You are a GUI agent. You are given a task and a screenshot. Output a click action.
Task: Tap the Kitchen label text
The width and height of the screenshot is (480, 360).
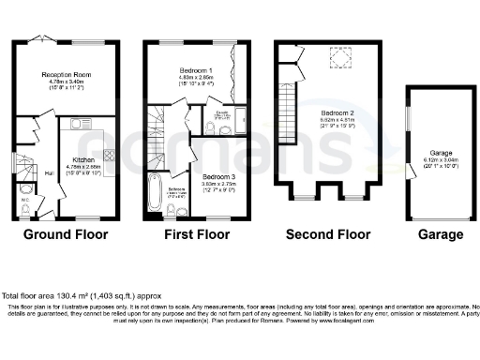[x=85, y=160]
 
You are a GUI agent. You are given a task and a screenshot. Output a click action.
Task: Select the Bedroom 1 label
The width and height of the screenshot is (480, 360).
[x=195, y=71]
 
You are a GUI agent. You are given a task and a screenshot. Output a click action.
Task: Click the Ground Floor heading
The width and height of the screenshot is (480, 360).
[x=66, y=233]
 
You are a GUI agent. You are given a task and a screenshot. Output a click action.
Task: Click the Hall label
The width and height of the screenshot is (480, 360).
[x=48, y=173]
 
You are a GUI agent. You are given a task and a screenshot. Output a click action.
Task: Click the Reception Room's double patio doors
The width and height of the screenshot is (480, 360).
[x=41, y=40]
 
